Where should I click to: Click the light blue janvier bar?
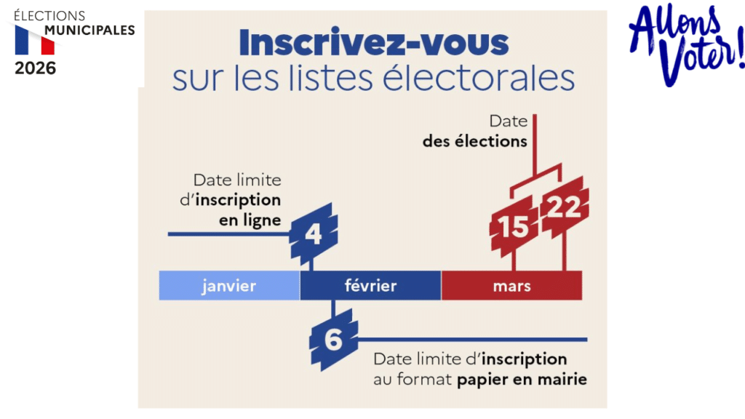tap(229, 285)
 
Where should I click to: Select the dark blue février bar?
tap(370, 285)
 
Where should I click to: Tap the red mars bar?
tap(511, 285)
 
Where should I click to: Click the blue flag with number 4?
tap(314, 234)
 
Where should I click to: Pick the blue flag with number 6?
tap(333, 339)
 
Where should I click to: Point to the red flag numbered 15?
tap(514, 226)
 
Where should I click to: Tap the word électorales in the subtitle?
tap(494, 78)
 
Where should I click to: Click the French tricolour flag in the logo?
tap(35, 41)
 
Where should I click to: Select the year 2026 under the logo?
tap(35, 68)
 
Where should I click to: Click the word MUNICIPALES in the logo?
tap(89, 30)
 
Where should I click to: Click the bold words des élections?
tap(474, 141)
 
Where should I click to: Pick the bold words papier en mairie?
tap(522, 379)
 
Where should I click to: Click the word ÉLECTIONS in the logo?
tap(49, 15)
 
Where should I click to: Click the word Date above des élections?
tap(508, 121)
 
